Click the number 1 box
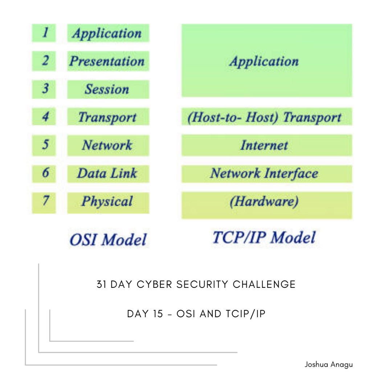click(44, 33)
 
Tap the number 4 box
click(44, 117)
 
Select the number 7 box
click(44, 202)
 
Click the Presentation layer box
click(108, 61)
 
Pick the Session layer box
click(108, 89)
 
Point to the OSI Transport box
click(108, 117)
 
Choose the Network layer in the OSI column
click(108, 145)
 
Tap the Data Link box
click(108, 173)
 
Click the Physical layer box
click(108, 202)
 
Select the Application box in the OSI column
click(108, 33)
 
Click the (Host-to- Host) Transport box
click(266, 117)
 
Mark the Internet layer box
click(266, 145)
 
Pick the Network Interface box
click(266, 173)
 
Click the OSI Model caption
click(108, 240)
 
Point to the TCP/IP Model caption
click(264, 238)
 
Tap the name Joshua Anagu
click(328, 364)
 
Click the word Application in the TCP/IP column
click(264, 61)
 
